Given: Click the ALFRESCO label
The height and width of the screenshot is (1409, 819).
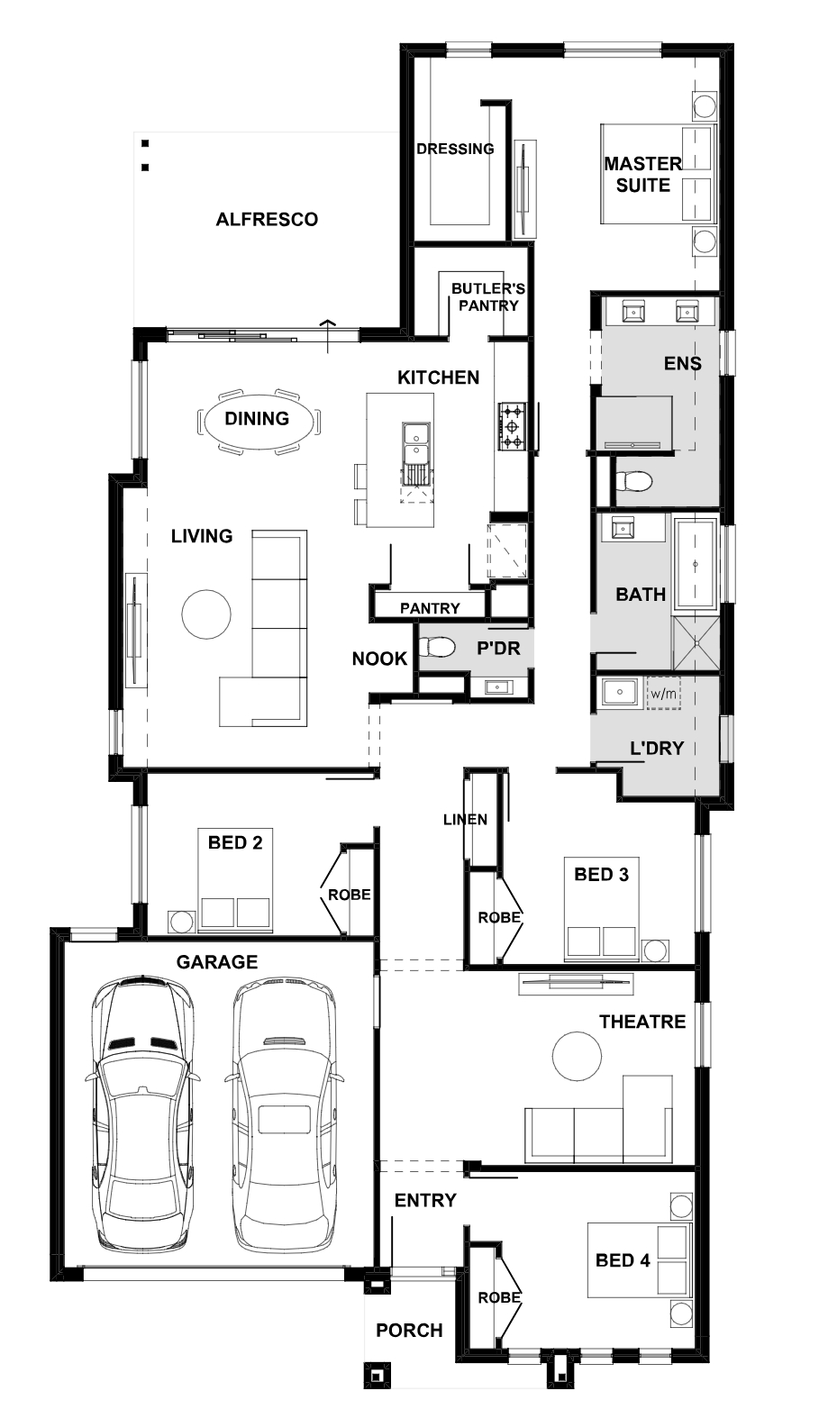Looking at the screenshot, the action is (x=267, y=220).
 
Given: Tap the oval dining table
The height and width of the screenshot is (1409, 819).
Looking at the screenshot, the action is (x=258, y=419).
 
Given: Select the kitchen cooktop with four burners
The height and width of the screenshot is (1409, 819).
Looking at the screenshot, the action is (x=512, y=426).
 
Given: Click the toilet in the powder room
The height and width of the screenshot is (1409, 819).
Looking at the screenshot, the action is (x=437, y=647).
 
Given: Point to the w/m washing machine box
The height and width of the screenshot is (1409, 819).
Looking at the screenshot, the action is (x=664, y=694).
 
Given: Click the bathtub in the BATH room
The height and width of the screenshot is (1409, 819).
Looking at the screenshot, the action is (x=696, y=564).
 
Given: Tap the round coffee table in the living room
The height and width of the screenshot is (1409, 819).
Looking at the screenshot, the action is (x=206, y=614).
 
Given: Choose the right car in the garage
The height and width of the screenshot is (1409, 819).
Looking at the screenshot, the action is (x=285, y=1113).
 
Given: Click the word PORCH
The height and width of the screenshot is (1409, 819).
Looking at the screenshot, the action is (x=409, y=1331).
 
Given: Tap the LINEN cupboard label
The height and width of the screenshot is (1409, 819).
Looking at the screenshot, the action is (x=466, y=820).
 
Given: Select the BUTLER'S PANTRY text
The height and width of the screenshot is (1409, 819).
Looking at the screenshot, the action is (x=488, y=297).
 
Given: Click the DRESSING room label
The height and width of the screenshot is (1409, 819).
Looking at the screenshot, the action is (x=455, y=149).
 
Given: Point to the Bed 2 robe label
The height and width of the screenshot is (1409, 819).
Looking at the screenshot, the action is (x=350, y=895).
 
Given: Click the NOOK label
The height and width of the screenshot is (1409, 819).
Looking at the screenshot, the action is (x=380, y=659).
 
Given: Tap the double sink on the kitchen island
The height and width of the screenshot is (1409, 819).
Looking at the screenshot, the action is (x=416, y=443).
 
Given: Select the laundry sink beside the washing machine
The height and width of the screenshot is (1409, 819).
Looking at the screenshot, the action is (x=620, y=693).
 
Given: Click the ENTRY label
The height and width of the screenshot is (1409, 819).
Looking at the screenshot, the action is (x=425, y=1201).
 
